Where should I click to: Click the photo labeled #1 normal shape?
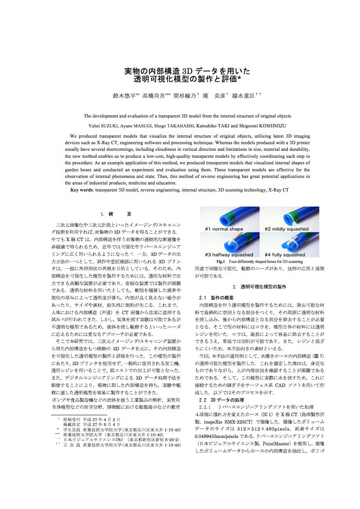pyautogui.click(x=229, y=219)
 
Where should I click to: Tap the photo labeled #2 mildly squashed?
pyautogui.click(x=289, y=219)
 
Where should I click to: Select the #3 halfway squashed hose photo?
pyautogui.click(x=229, y=244)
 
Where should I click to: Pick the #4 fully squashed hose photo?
pyautogui.click(x=289, y=244)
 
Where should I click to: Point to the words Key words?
pyautogui.click(x=82, y=190)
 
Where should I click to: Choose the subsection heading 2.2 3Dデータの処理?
pyautogui.click(x=221, y=399)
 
